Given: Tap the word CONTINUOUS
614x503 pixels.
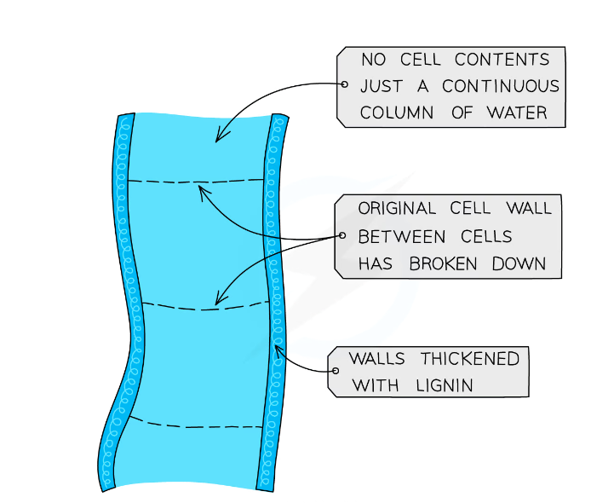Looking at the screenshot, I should click(501, 86).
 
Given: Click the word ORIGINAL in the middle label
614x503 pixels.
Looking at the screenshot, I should click(396, 208).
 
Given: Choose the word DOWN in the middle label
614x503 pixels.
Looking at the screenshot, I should click(519, 263).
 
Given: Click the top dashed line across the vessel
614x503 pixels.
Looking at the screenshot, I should click(196, 182).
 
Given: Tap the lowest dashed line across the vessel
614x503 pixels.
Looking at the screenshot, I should click(196, 425).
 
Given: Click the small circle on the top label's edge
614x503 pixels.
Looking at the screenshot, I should click(344, 84).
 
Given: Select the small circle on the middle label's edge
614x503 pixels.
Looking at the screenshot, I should click(342, 235).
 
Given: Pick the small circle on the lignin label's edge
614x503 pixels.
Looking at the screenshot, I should click(335, 371).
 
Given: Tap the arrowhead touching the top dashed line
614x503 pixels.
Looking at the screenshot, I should click(201, 188).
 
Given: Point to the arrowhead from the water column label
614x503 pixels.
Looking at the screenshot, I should click(218, 138).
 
